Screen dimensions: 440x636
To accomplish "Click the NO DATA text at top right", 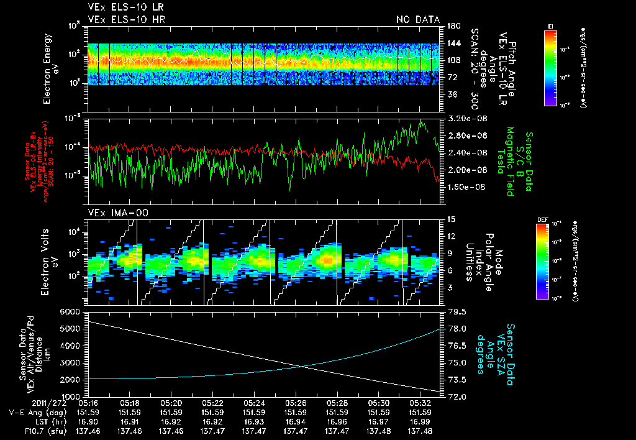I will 417,20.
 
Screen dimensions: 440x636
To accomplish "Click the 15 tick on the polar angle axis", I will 450,219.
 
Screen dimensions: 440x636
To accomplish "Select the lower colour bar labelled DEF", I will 542,261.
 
